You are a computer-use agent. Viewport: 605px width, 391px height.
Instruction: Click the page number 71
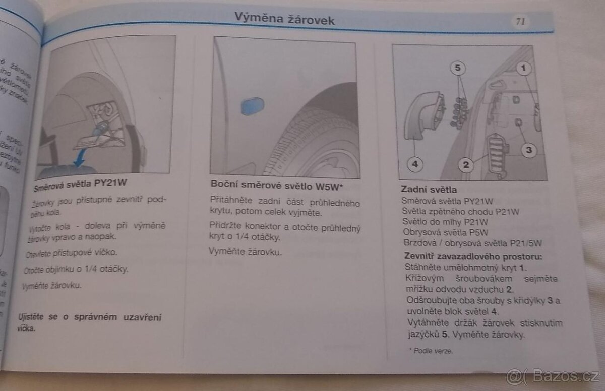tap(520, 21)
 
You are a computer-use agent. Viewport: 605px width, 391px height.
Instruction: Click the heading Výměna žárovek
tap(284, 19)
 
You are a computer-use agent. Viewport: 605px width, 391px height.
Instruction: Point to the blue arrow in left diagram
tap(79, 160)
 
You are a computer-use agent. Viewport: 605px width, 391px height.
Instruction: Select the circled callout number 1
tap(524, 67)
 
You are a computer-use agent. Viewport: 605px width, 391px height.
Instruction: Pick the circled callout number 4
tap(414, 164)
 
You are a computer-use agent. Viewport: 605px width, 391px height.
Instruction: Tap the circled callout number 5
tap(456, 67)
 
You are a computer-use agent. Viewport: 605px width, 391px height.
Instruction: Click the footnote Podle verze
tap(433, 351)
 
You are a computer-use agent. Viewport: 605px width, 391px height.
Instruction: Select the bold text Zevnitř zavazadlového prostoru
tap(473, 256)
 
